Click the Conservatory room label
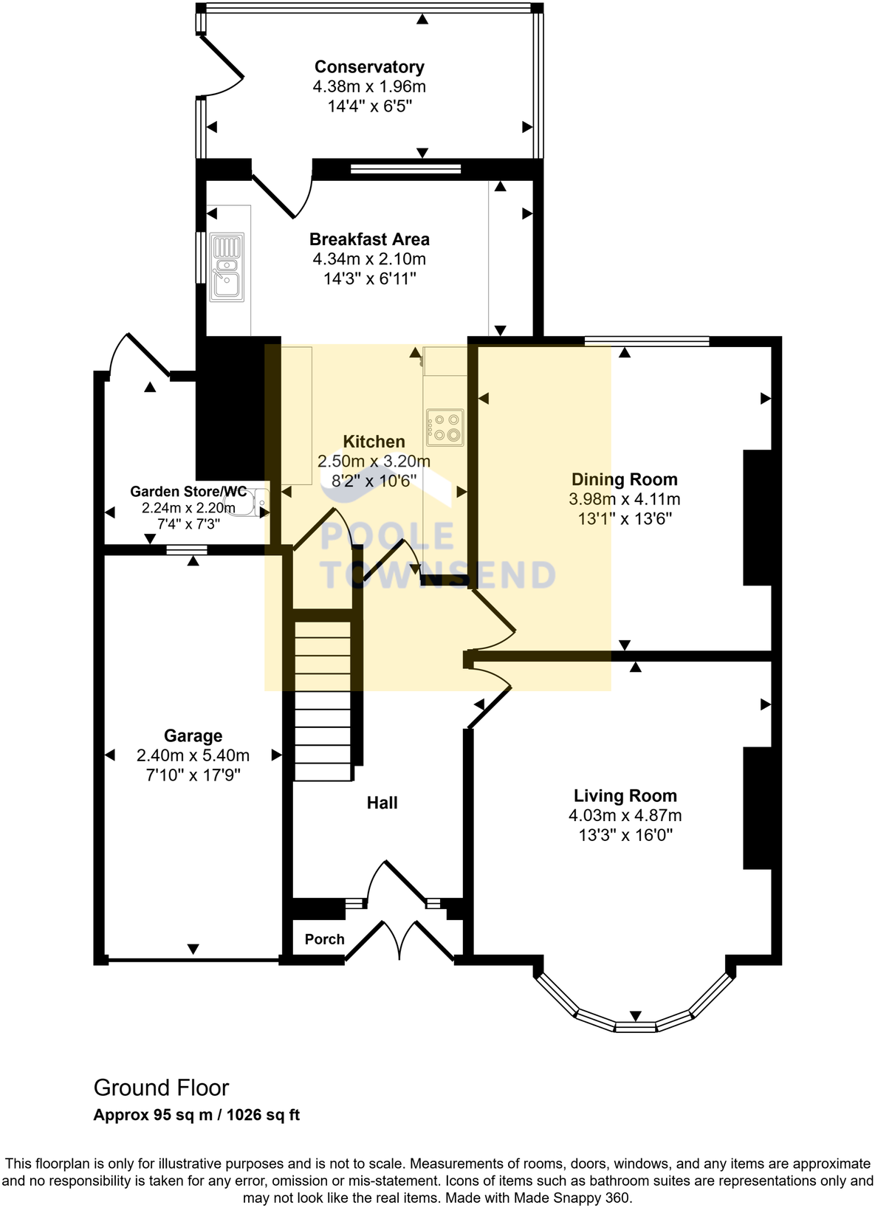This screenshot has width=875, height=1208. click(x=369, y=67)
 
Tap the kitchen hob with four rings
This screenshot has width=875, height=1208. click(x=445, y=427)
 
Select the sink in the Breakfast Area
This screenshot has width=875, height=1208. click(x=227, y=267)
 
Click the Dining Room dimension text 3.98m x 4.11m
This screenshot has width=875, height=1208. click(x=625, y=499)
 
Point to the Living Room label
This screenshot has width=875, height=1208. click(x=625, y=796)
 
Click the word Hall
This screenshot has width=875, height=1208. click(x=382, y=803)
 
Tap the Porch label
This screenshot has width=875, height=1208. click(x=325, y=939)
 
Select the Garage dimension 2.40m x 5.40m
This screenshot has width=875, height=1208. click(x=193, y=755)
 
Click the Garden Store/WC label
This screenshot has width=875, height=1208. click(x=188, y=492)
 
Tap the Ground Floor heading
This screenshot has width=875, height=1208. click(x=161, y=1088)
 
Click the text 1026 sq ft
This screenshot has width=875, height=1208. click(x=264, y=1115)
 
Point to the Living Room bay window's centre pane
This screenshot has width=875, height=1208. click(x=636, y=1026)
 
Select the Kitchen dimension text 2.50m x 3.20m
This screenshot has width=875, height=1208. click(x=374, y=461)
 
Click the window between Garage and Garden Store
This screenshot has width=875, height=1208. click(x=186, y=549)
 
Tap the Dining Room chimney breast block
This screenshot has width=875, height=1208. click(x=758, y=518)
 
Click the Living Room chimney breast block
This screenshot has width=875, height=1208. click(x=758, y=808)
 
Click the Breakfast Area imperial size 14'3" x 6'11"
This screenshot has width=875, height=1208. click(x=369, y=279)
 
